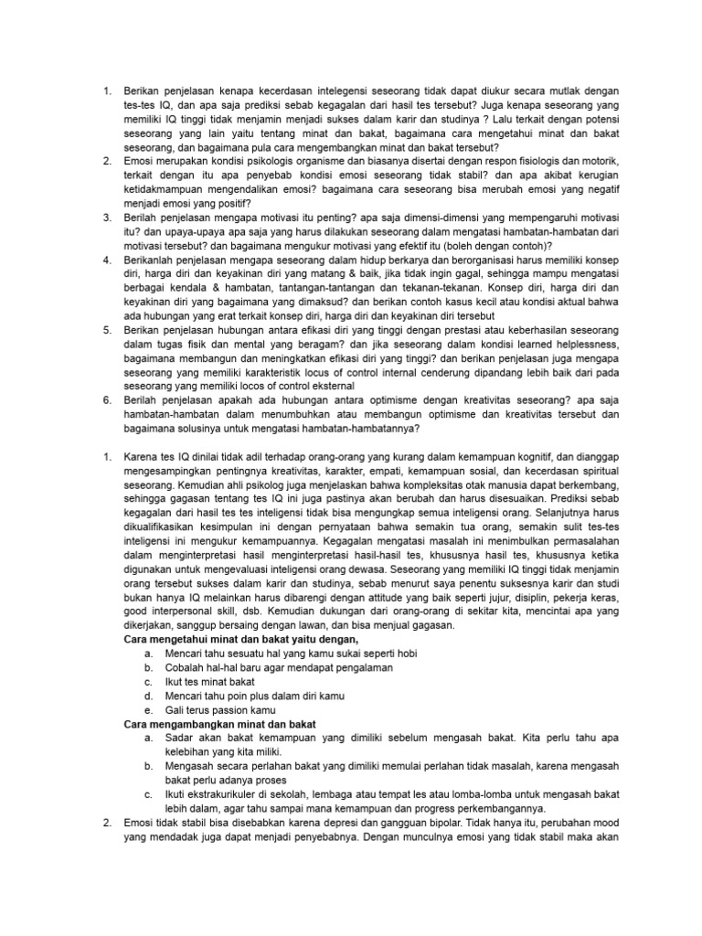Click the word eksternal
330,387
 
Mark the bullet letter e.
148,709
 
